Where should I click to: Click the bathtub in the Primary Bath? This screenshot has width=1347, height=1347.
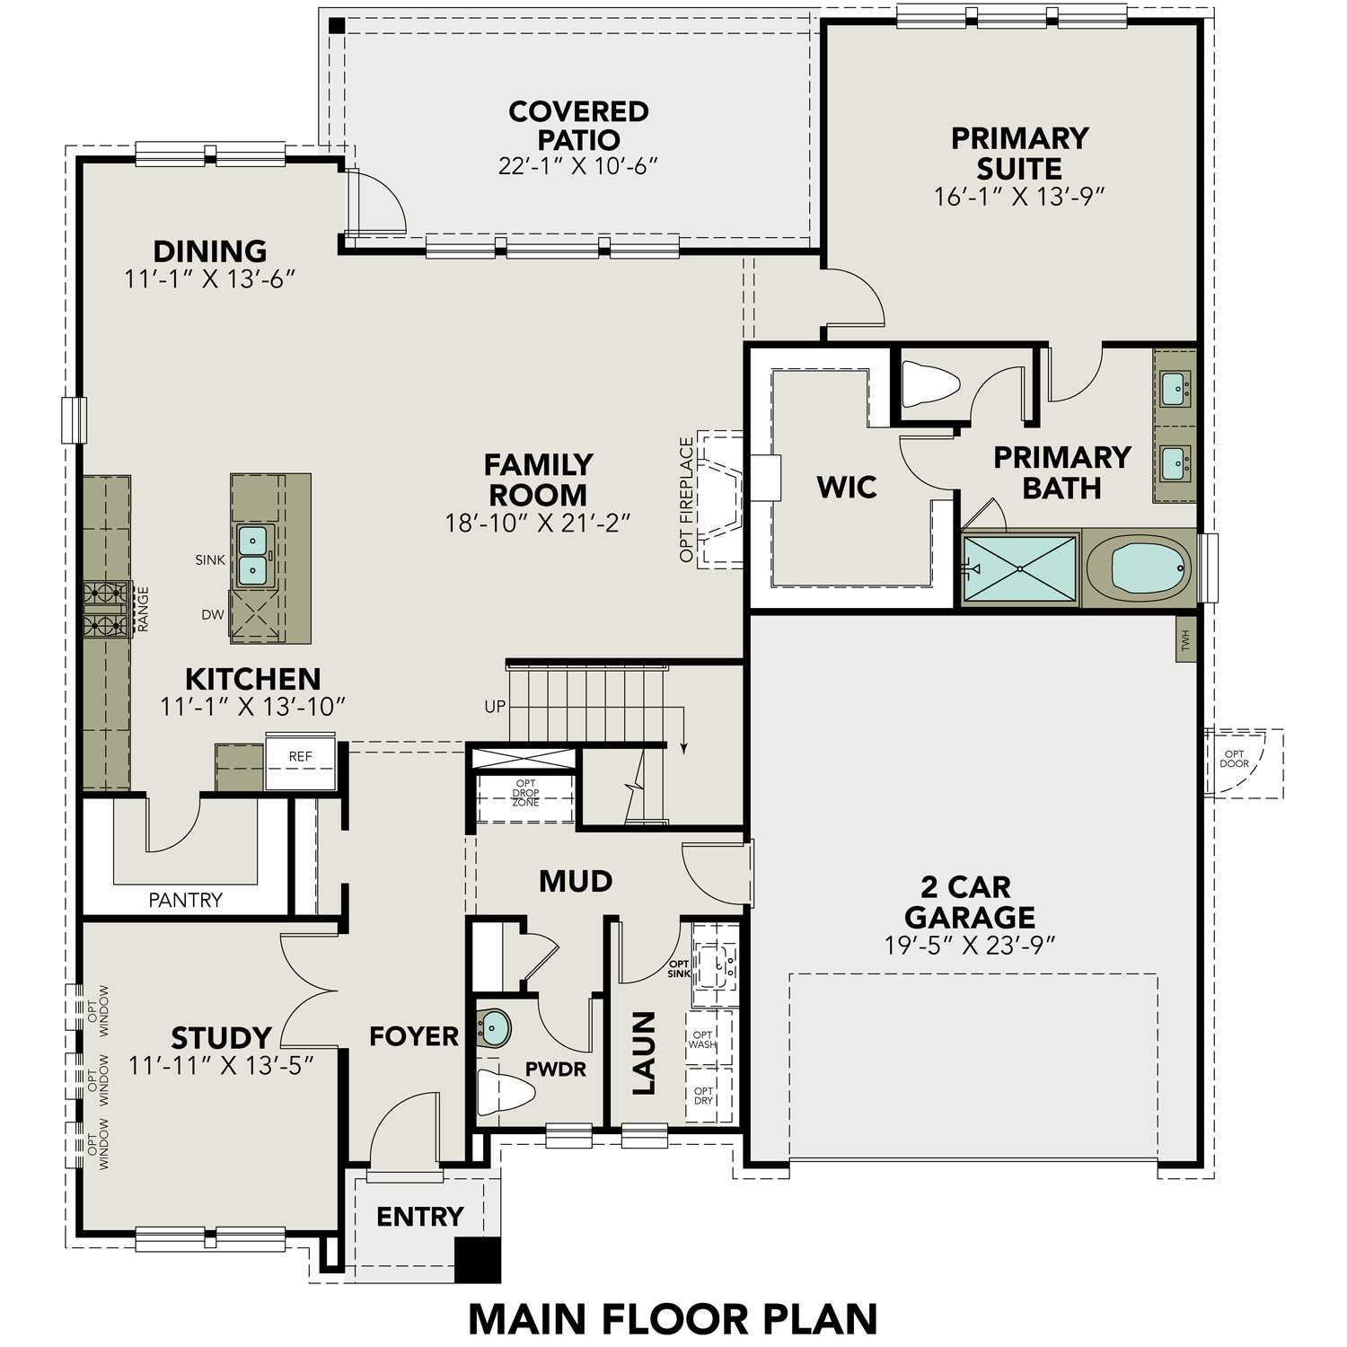pyautogui.click(x=1139, y=568)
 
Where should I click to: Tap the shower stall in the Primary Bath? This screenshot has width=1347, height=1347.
pyautogui.click(x=1020, y=568)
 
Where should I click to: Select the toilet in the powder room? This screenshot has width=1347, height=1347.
pyautogui.click(x=505, y=1092)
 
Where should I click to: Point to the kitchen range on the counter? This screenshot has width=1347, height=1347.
pyautogui.click(x=106, y=609)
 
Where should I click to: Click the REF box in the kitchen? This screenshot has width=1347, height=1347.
pyautogui.click(x=300, y=756)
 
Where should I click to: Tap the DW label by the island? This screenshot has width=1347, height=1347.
pyautogui.click(x=213, y=615)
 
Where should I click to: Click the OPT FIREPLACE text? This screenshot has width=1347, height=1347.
pyautogui.click(x=687, y=500)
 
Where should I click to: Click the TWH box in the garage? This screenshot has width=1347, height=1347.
pyautogui.click(x=1185, y=639)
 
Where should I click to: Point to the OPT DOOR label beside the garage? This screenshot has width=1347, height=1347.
pyautogui.click(x=1234, y=760)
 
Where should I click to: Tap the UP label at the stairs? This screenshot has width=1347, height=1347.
pyautogui.click(x=495, y=707)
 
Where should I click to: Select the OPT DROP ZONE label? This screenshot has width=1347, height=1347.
pyautogui.click(x=525, y=794)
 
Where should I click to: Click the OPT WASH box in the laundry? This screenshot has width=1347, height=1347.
pyautogui.click(x=703, y=1039)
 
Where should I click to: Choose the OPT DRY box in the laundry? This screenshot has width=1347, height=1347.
pyautogui.click(x=703, y=1096)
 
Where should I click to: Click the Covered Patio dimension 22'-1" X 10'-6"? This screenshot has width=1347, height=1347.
pyautogui.click(x=578, y=166)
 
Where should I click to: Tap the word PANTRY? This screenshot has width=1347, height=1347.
pyautogui.click(x=186, y=900)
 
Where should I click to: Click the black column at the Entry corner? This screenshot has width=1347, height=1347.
pyautogui.click(x=477, y=1260)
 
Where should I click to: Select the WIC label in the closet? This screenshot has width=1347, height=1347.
pyautogui.click(x=847, y=488)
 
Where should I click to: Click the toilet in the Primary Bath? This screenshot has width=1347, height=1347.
pyautogui.click(x=929, y=384)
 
